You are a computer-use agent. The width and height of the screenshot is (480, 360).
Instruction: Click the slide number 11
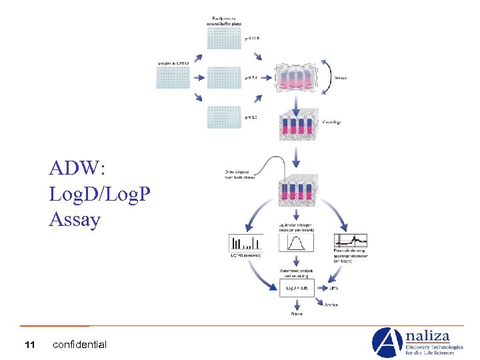click(x=29, y=345)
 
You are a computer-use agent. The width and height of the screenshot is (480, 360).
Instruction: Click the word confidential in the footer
click(x=79, y=345)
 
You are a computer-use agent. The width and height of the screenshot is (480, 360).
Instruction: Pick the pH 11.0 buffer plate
click(x=224, y=38)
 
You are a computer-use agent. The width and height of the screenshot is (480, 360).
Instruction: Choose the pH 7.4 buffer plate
click(x=224, y=77)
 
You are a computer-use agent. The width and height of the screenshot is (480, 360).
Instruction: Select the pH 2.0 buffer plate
click(x=224, y=117)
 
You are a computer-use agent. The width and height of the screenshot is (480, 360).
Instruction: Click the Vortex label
click(x=340, y=77)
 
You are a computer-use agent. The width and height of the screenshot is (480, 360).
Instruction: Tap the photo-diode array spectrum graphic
click(x=351, y=241)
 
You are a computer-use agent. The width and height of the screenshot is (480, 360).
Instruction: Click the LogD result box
click(x=296, y=288)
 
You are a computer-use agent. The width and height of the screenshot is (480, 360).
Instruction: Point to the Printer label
click(x=296, y=313)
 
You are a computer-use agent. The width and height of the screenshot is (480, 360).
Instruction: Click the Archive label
click(x=331, y=305)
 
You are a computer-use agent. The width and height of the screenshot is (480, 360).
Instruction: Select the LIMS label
click(x=334, y=288)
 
